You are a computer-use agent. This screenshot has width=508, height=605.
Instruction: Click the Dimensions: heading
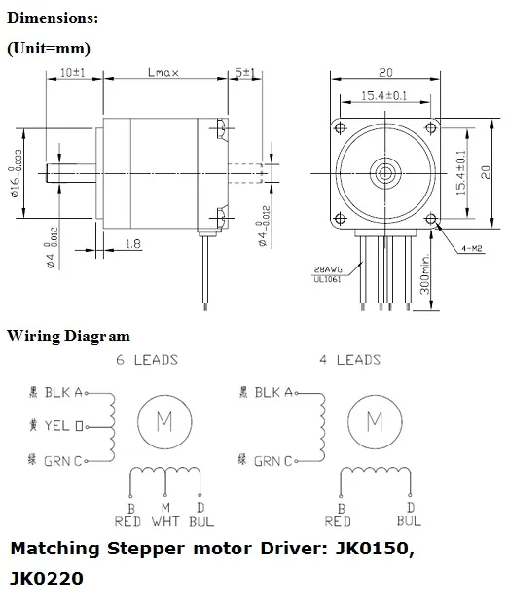(x=54, y=18)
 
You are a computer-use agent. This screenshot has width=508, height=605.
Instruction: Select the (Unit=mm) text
(x=49, y=48)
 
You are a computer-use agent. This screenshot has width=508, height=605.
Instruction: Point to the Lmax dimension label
(x=163, y=73)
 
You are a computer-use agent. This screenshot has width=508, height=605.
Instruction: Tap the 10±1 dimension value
(x=75, y=73)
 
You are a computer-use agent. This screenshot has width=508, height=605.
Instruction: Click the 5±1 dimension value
(x=244, y=73)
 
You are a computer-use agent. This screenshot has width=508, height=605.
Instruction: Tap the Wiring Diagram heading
(x=68, y=337)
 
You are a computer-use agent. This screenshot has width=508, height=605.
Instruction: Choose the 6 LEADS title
(x=147, y=360)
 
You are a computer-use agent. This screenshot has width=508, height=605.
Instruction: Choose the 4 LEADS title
(x=349, y=360)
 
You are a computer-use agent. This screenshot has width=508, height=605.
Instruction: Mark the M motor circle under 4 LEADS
(x=374, y=421)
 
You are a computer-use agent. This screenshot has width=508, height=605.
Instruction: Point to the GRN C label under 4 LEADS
(x=264, y=460)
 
